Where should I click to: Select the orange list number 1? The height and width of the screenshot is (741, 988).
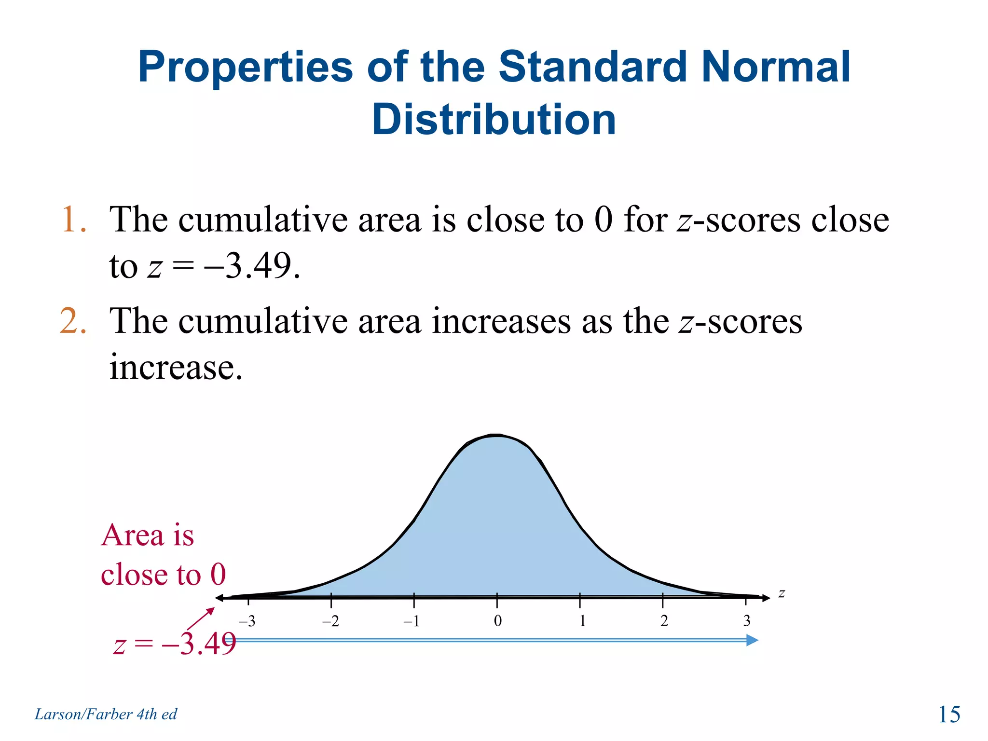(73, 220)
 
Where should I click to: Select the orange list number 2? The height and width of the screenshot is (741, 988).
(73, 321)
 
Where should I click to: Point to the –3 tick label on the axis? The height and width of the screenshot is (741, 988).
(247, 621)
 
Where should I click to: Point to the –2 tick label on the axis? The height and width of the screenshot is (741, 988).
(330, 621)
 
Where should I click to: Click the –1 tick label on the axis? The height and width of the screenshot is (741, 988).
(412, 621)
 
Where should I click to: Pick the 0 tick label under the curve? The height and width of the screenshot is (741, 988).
(498, 621)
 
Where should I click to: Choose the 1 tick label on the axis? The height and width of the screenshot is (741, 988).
(582, 621)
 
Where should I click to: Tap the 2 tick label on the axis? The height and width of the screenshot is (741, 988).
(664, 621)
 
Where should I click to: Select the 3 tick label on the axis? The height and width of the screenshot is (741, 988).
(747, 621)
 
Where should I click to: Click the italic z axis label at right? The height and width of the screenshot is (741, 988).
(782, 594)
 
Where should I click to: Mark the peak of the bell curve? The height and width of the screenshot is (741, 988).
(497, 436)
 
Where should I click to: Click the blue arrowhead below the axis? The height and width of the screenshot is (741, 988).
(752, 640)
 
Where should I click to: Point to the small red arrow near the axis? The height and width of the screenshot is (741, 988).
(200, 619)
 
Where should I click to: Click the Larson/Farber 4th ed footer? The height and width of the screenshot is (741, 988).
(106, 714)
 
